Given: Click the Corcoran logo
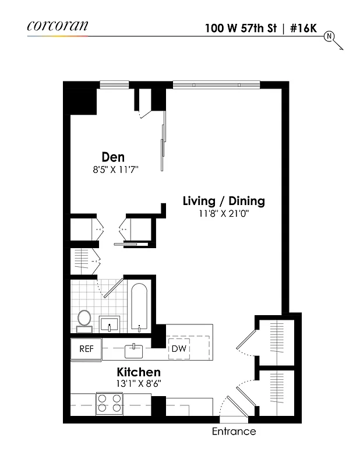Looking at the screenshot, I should point(57,25).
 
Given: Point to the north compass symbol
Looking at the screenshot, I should point(329,36).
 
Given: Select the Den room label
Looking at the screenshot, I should point(113,157).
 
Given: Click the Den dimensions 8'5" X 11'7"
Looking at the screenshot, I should point(114,170).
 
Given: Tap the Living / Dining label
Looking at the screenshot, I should point(224,201).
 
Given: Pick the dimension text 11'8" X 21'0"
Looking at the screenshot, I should point(224,214).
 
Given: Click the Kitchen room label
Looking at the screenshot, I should point(139,372).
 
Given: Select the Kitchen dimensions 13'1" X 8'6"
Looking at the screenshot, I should point(139,383).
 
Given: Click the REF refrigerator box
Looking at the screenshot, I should point(86,349).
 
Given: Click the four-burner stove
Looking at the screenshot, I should point(110,403).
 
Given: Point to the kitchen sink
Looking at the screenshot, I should point(134,350).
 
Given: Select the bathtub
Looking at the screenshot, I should point(140,307).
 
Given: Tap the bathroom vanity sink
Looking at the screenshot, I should point(110,323).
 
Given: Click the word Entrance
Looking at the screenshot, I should point(233,432).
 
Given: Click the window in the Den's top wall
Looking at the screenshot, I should point(114,85).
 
